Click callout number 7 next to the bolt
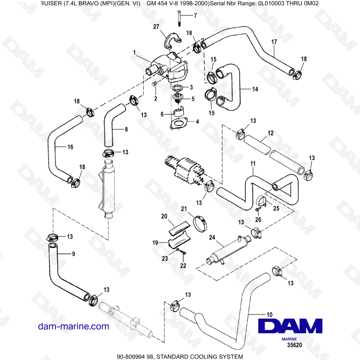[195, 15]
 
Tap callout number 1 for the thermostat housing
[134, 53]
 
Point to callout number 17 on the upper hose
[274, 42]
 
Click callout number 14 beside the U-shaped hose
[255, 89]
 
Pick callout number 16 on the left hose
[70, 147]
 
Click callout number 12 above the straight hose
[270, 133]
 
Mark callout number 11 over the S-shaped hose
[253, 164]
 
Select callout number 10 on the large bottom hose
[269, 314]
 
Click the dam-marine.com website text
[73, 326]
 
